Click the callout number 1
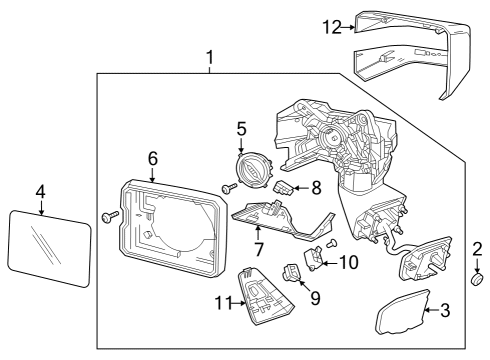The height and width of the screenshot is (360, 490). pos(210,58)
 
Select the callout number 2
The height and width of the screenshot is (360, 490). pos(477,248)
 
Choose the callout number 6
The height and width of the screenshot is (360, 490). pos(152,158)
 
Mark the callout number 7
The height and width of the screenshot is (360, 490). pos(258,246)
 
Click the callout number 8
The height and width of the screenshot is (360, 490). pos(316,186)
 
